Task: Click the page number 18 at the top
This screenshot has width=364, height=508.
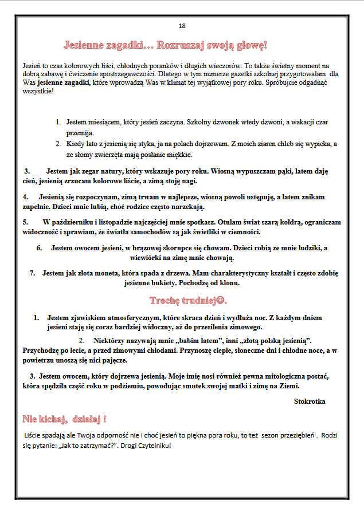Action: (x=182, y=26)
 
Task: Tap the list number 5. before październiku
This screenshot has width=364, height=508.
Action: (x=26, y=222)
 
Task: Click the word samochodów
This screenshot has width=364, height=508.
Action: (x=163, y=232)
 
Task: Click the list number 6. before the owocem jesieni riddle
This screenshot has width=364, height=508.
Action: (x=40, y=248)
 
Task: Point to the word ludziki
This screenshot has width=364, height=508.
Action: (x=304, y=248)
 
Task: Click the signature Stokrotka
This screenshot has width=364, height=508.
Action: (x=310, y=401)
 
